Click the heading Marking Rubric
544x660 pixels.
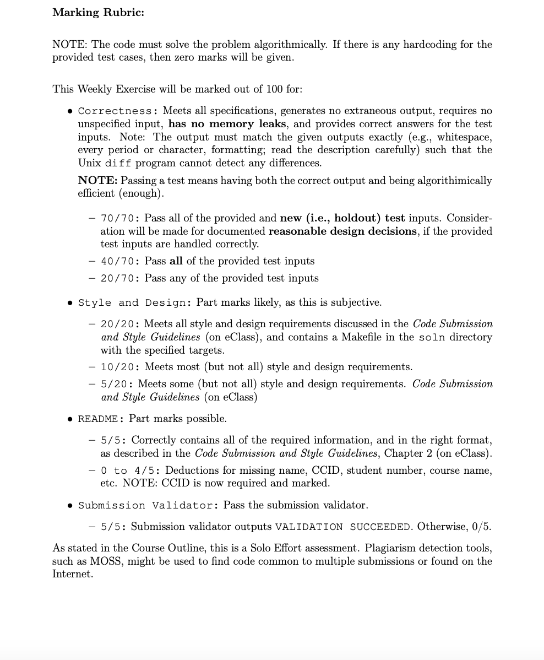coord(98,13)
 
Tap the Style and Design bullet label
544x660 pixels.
coord(134,302)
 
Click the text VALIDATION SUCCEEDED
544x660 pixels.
coord(343,527)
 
